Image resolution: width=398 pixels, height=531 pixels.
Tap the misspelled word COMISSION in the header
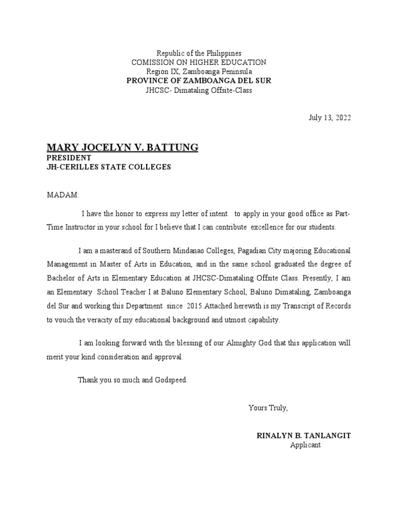point(152,62)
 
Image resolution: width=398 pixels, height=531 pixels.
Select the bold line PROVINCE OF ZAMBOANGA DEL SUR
point(199,81)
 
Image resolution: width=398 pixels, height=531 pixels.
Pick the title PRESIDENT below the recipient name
point(69,158)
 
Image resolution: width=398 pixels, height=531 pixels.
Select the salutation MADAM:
point(63,195)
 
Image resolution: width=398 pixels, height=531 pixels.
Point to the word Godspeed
point(170,380)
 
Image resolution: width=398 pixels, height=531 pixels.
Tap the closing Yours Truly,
point(267,408)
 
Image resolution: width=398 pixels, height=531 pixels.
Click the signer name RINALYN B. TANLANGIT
point(304,436)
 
